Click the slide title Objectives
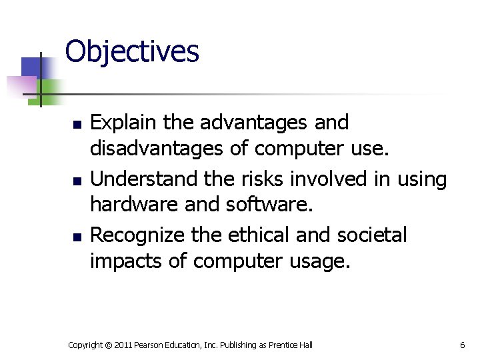pyautogui.click(x=132, y=51)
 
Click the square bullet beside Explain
pyautogui.click(x=77, y=125)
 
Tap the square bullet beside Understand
pyautogui.click(x=77, y=181)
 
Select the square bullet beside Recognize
pyautogui.click(x=77, y=237)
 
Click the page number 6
pyautogui.click(x=462, y=345)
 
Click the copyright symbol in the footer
pyautogui.click(x=107, y=345)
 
